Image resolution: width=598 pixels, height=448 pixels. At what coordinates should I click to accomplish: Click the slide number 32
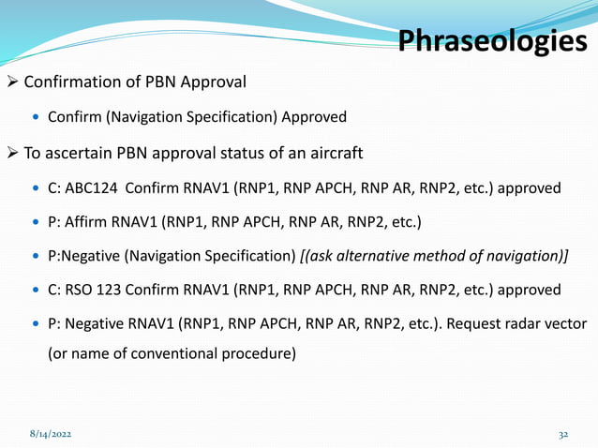[x=562, y=436]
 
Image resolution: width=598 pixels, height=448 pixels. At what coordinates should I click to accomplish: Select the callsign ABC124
[x=97, y=187]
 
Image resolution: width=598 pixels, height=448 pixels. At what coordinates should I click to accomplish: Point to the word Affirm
[x=86, y=221]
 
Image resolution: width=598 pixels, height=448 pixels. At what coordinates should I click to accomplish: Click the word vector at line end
[x=564, y=322]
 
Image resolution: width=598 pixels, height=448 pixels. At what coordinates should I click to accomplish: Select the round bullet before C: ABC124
[x=37, y=188]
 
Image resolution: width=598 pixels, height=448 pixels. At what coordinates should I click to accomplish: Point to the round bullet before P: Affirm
[x=37, y=222]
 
